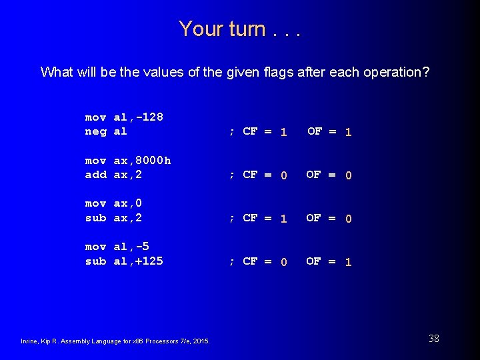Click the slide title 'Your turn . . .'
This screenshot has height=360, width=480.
[239, 29]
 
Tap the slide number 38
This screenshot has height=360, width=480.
[433, 339]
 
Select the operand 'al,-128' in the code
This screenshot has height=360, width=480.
[139, 117]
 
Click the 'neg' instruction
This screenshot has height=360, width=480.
[95, 131]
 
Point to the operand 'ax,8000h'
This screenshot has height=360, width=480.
[143, 160]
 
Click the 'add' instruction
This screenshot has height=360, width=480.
[95, 175]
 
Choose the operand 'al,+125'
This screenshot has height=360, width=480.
[139, 261]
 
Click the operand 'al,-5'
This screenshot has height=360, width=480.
[131, 246]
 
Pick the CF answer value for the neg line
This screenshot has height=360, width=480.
[283, 132]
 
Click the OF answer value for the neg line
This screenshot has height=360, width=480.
[348, 132]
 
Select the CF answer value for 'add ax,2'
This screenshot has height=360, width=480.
[283, 175]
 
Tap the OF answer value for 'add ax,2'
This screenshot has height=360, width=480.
[348, 175]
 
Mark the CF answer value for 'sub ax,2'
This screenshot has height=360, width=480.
[283, 219]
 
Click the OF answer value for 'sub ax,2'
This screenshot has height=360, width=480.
[348, 219]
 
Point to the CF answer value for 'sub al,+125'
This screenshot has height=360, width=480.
[283, 262]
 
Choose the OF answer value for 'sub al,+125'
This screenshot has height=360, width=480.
[348, 262]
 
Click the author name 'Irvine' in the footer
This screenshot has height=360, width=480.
[31, 341]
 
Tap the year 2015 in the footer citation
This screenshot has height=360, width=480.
[201, 341]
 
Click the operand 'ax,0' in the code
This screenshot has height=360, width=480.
[128, 203]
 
